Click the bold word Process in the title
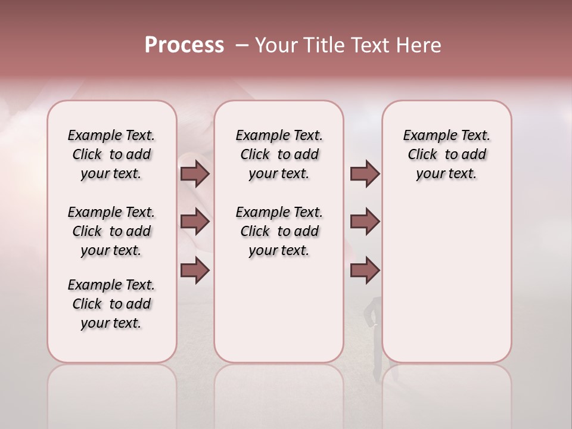(x=184, y=45)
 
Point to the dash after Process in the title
(x=242, y=45)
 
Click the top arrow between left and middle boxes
(x=195, y=174)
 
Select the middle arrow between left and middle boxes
(x=195, y=222)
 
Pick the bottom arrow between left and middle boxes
(x=195, y=270)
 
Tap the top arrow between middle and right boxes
(x=365, y=174)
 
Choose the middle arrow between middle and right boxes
(x=365, y=222)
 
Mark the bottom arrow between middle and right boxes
(x=365, y=270)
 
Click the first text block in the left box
(x=111, y=154)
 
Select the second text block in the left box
(x=111, y=231)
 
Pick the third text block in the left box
(x=111, y=304)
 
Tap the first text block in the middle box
(x=279, y=154)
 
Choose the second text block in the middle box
(x=279, y=231)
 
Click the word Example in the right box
(x=425, y=136)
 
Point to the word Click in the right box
(x=422, y=155)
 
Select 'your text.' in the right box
(x=446, y=174)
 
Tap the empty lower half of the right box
(x=446, y=286)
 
